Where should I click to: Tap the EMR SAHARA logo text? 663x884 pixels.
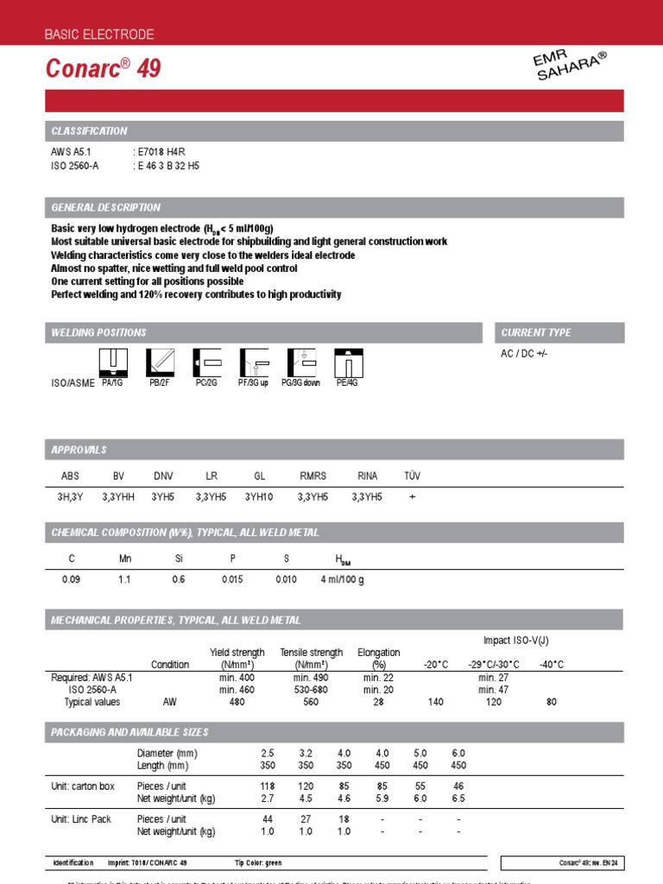pos(570,66)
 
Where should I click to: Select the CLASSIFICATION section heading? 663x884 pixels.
pos(89,131)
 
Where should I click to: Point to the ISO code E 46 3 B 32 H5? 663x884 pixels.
pos(168,166)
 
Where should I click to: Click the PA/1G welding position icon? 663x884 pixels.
pos(113,362)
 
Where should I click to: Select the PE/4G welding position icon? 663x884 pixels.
pos(346,362)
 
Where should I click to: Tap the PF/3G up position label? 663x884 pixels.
pos(253,382)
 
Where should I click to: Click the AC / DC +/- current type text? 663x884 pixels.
pos(524,355)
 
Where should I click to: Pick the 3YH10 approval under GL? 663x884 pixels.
pos(259,497)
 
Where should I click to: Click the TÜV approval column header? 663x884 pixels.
pos(413,476)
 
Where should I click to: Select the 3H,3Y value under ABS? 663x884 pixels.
pos(70,497)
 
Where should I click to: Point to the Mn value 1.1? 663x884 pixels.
pos(124,580)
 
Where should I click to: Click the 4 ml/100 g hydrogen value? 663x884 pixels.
pos(344,580)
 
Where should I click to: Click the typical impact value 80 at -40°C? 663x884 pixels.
pos(552,703)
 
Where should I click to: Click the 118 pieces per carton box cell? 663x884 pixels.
pos(268,786)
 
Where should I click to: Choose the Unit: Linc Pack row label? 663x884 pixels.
pos(82,819)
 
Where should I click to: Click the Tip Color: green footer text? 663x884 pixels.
pos(257,863)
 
